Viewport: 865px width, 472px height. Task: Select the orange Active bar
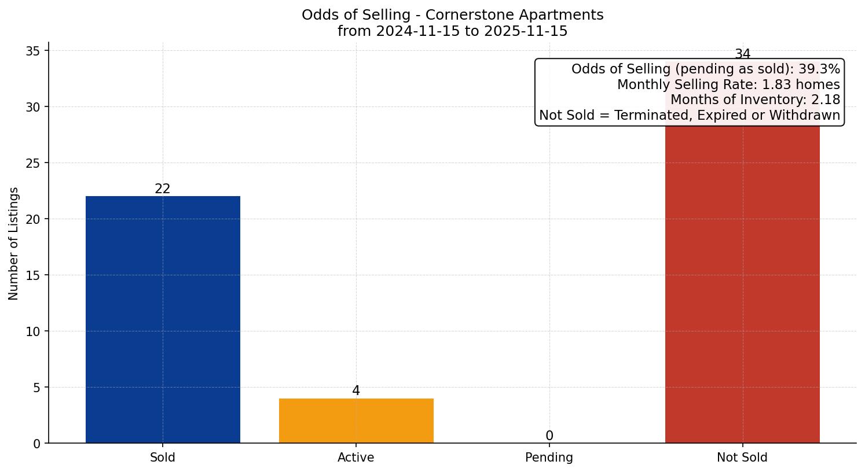[x=356, y=421]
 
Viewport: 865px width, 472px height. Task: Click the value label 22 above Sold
[x=163, y=189]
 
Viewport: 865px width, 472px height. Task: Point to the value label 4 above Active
[x=356, y=391]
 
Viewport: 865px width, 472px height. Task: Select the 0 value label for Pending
[x=549, y=436]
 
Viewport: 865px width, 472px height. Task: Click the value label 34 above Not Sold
[x=742, y=54]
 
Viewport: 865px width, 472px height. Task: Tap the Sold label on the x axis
[x=163, y=458]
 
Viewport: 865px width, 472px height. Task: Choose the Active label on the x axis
[x=356, y=458]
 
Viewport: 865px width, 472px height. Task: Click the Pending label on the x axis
[x=549, y=458]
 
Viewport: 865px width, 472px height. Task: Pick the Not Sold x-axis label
[x=742, y=458]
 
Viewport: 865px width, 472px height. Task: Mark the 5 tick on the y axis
[x=37, y=388]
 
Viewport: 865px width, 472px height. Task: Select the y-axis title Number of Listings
[x=14, y=244]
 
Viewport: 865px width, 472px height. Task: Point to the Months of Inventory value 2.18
[x=826, y=100]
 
